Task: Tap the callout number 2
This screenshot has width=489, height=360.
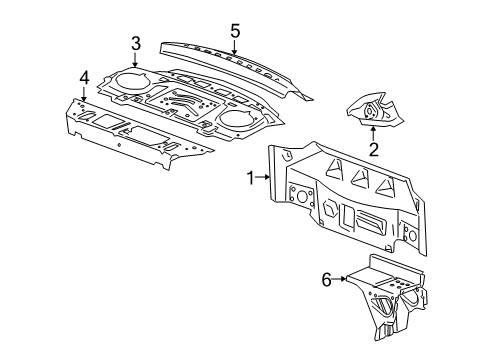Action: (372, 151)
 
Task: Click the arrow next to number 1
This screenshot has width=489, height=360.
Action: (265, 176)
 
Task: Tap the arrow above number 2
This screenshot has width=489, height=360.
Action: (372, 131)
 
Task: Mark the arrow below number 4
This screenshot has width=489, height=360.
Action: (84, 94)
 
